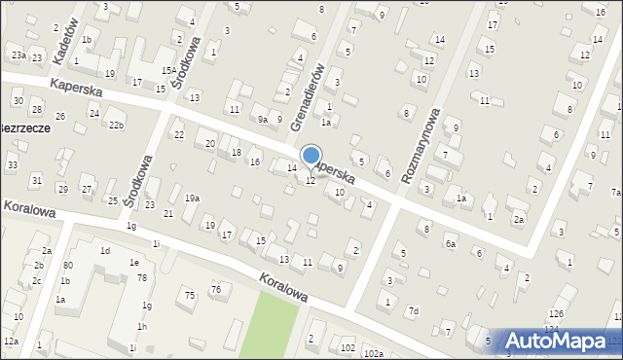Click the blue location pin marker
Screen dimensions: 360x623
[311, 156]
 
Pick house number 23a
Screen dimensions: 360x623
[18, 56]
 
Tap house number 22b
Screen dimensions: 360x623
[116, 126]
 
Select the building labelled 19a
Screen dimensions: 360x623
[193, 198]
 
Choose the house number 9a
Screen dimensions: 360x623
[263, 120]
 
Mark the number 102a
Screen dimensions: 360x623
[374, 353]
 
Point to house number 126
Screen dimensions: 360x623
[556, 313]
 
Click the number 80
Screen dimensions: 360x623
[68, 265]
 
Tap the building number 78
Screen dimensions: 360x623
[142, 278]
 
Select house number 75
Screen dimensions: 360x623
[190, 295]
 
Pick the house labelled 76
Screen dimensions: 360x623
[216, 289]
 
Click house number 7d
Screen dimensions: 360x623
[414, 311]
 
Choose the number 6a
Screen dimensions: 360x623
[451, 244]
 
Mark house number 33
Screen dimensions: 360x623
[12, 165]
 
